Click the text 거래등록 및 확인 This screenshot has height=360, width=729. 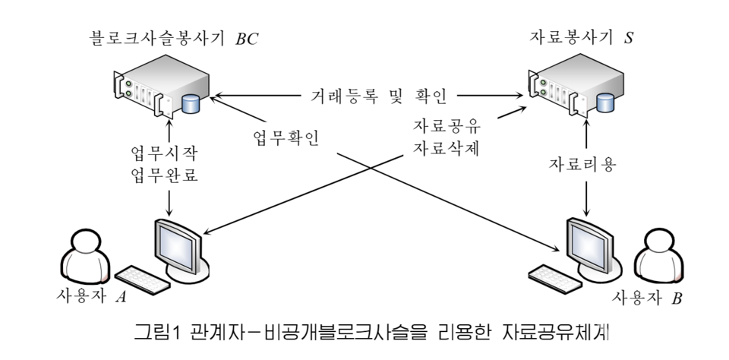click(x=371, y=96)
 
